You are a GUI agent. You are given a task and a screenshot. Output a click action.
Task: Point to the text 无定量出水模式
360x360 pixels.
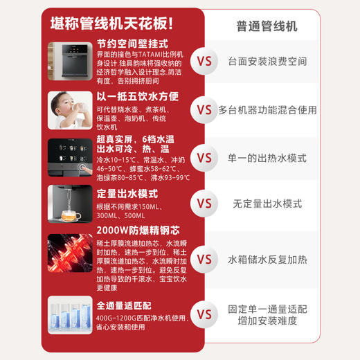(267, 204)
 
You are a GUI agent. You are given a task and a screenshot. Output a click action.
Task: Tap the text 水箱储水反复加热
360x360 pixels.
(267, 259)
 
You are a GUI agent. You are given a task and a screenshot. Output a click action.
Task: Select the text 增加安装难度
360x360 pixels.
(267, 321)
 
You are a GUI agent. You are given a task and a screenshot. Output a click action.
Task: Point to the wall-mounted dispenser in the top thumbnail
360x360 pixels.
(70, 61)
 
